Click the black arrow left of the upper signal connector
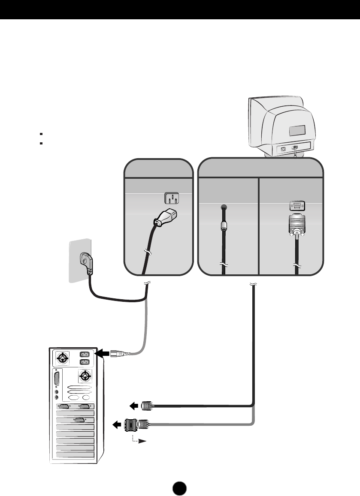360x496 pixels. (134, 405)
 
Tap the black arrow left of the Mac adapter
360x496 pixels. (117, 425)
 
